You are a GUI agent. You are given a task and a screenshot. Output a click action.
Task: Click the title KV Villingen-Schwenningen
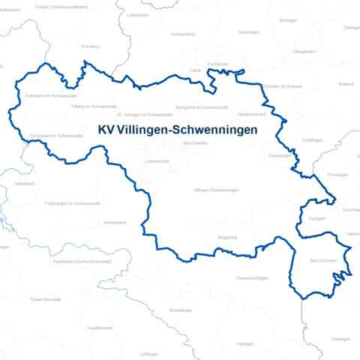click(178, 130)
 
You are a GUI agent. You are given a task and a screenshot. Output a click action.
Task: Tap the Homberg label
click(91, 46)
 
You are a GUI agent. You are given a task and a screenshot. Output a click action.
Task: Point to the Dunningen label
click(248, 33)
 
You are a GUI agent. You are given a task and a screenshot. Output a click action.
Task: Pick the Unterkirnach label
click(158, 161)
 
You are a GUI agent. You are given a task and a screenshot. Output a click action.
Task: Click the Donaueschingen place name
click(252, 278)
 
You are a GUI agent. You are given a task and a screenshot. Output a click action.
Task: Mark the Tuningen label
click(317, 218)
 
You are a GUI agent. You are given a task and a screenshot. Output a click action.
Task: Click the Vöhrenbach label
click(117, 223)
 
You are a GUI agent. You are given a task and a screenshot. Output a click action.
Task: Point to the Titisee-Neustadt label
click(46, 299)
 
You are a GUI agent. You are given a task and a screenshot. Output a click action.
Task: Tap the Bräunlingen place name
click(181, 310)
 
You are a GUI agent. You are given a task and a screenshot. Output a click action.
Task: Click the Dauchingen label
click(279, 155)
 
